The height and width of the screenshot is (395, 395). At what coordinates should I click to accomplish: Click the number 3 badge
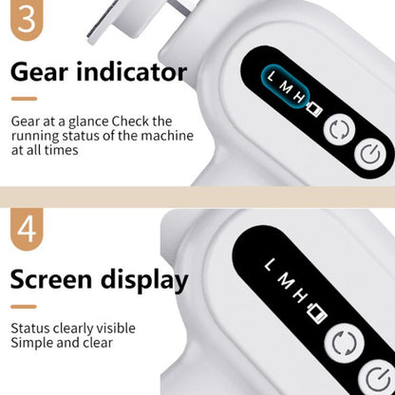pos(27,18)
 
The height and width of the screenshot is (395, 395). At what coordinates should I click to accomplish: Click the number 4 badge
pos(27,229)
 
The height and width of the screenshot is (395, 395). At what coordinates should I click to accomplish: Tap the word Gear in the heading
pos(39,72)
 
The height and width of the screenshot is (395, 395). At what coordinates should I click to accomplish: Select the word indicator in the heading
pos(132,71)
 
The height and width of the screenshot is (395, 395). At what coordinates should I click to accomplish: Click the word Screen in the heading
pos(51,280)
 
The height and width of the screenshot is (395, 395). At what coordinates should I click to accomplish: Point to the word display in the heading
pos(144,281)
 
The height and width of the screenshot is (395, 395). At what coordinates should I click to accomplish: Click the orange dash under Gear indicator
pos(24,99)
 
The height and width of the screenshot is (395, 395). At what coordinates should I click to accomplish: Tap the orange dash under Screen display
pos(24,307)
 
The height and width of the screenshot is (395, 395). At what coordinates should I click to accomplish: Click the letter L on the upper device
pos(272,77)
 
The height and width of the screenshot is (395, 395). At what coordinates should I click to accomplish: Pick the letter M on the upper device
pos(286,88)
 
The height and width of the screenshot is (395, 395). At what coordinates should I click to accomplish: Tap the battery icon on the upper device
pos(314,109)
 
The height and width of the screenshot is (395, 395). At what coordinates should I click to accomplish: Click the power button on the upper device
pos(371,155)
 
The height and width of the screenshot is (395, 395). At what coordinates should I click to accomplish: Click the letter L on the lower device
pos(269,265)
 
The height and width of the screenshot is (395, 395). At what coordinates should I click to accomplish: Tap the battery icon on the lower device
pos(317,313)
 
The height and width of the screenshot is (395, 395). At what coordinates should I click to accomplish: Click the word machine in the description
pos(167,136)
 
